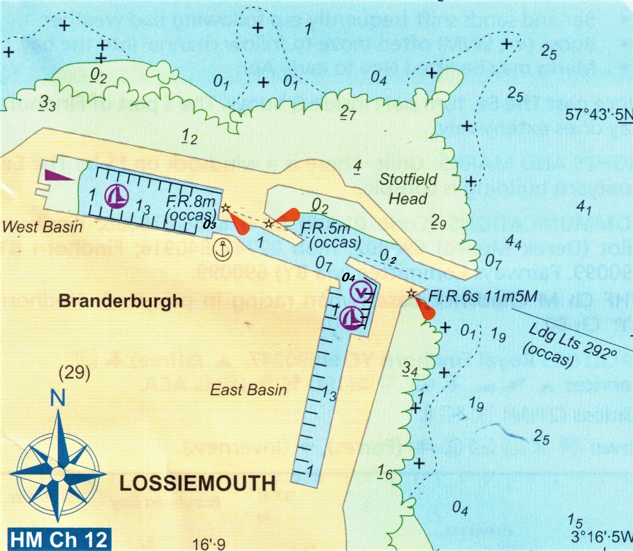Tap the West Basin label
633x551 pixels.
pyautogui.click(x=42, y=227)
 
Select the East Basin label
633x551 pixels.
pyautogui.click(x=249, y=390)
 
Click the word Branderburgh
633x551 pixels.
pyautogui.click(x=120, y=301)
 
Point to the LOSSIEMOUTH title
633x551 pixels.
pyautogui.click(x=197, y=483)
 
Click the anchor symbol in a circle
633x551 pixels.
pyautogui.click(x=223, y=249)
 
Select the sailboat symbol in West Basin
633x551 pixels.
pyautogui.click(x=117, y=196)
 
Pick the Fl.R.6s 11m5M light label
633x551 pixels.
pyautogui.click(x=483, y=296)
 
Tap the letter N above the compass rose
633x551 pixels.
pyautogui.click(x=58, y=398)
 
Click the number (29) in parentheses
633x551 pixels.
pyautogui.click(x=74, y=373)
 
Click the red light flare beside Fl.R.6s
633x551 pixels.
pyautogui.click(x=425, y=309)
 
